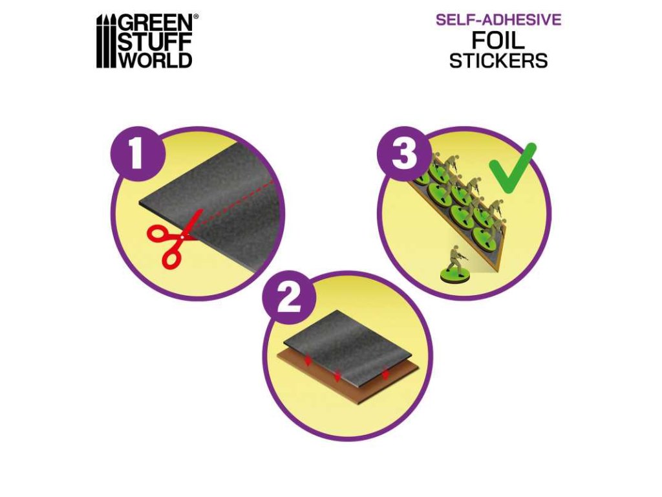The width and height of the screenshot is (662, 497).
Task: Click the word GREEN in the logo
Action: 156,23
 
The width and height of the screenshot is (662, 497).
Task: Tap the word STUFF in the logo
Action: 155,42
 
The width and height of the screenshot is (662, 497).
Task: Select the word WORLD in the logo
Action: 155,60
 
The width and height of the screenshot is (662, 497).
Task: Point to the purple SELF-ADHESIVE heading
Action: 498,19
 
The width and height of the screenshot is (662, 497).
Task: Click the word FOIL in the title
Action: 498,40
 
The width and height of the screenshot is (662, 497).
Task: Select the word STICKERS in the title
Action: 498,60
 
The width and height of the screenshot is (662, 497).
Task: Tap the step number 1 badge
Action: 136,154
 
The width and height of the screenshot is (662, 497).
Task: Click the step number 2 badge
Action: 289,298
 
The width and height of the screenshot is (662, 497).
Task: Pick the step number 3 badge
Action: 403,154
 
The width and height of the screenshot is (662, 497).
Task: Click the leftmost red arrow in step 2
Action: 308,361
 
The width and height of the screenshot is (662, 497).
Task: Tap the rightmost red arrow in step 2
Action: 385,373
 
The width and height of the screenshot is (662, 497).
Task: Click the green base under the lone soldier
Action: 454,276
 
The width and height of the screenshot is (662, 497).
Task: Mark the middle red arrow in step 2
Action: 337,375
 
